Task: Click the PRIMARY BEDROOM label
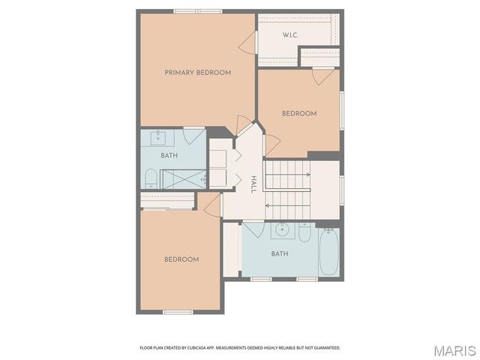198,73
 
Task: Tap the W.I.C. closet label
291,35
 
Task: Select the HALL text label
253,184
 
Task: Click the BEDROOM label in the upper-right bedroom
299,114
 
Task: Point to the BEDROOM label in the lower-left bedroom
181,259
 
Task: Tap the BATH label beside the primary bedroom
169,156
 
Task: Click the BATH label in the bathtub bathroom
279,253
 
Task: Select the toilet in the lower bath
304,232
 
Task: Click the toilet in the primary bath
150,178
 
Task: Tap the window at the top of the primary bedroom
198,10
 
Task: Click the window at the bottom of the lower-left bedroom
178,311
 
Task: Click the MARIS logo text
454,350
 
